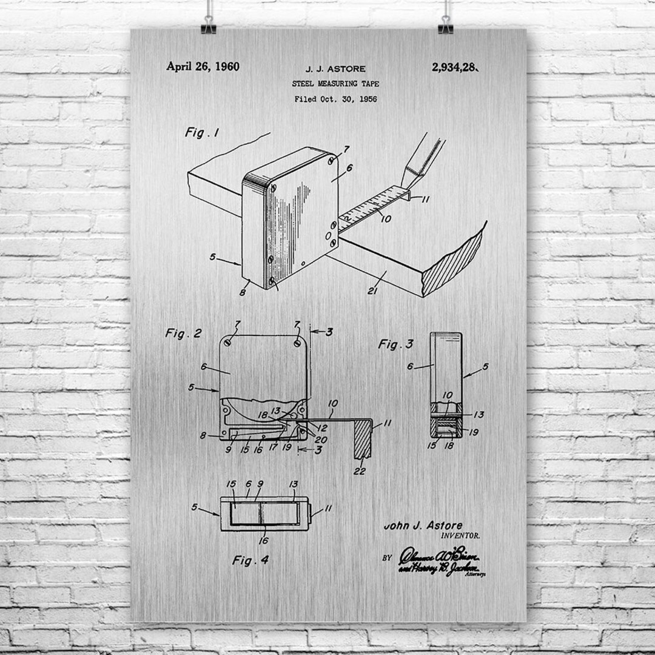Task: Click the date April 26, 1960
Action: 203,67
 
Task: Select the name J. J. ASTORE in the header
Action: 335,69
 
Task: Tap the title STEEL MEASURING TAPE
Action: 335,84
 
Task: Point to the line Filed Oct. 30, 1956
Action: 335,99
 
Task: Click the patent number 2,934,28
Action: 455,67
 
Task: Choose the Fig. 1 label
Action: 202,133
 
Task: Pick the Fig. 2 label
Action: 183,333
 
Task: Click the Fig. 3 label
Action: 395,344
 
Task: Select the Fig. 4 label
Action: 250,560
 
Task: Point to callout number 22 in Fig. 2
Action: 360,471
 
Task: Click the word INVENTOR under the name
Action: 460,536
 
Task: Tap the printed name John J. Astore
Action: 423,525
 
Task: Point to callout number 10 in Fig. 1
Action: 386,218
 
